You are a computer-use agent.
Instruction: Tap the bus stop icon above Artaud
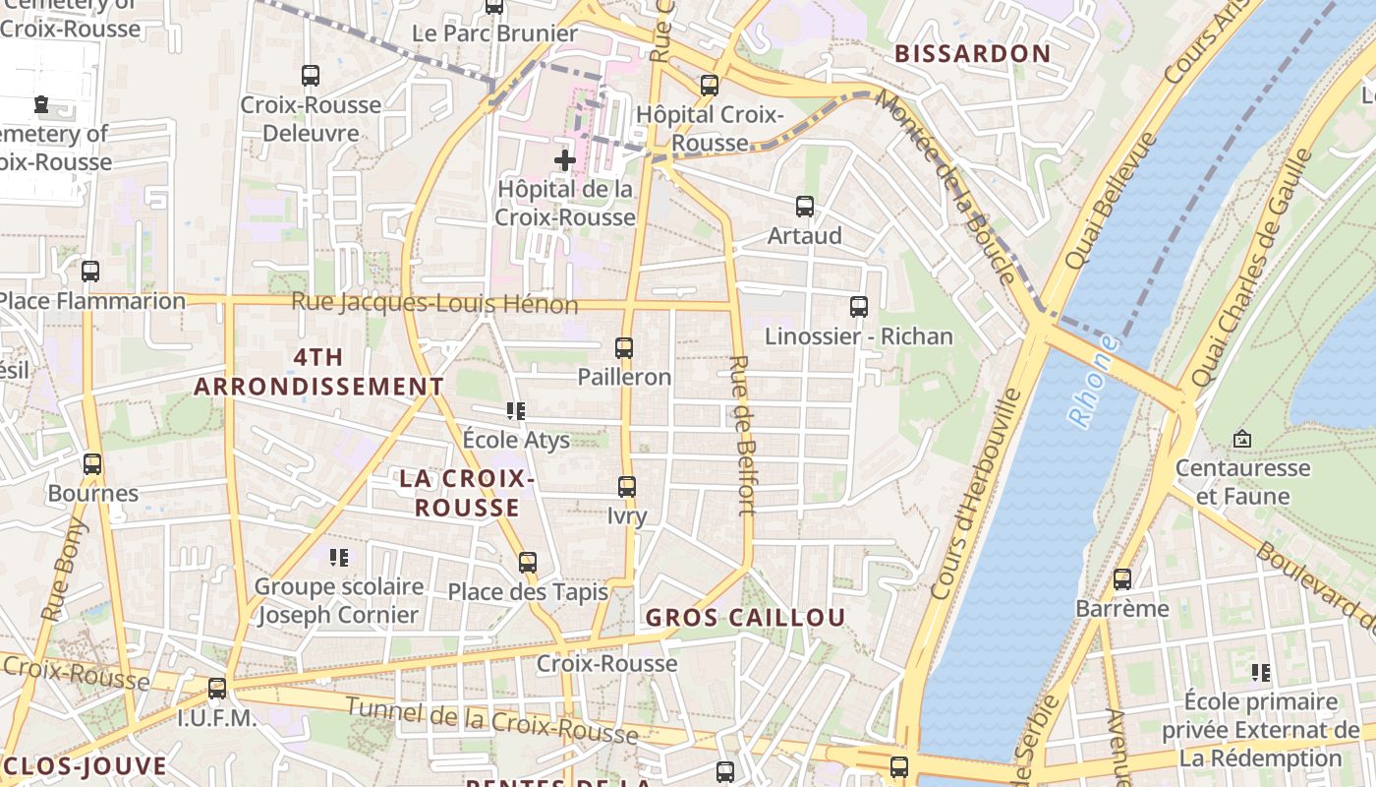click(805, 207)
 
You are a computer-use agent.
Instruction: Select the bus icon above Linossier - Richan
click(859, 307)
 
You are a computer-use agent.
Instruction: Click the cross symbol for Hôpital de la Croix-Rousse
click(565, 159)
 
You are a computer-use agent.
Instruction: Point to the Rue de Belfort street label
click(743, 435)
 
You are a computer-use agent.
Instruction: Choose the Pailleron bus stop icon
click(624, 348)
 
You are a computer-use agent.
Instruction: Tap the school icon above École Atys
click(516, 411)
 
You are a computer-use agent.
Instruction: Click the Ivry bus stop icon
click(627, 487)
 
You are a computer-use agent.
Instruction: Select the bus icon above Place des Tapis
click(528, 563)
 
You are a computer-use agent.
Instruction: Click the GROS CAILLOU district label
click(745, 618)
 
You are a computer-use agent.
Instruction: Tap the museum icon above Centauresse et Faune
click(1242, 439)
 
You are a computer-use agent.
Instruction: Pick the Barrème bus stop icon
click(1122, 579)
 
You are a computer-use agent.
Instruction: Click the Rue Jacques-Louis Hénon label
click(434, 303)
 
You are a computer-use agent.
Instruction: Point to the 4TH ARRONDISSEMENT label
click(318, 372)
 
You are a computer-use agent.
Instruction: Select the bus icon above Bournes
click(92, 463)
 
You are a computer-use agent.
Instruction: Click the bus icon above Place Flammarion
click(90, 272)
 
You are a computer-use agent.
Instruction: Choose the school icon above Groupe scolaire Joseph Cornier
click(339, 558)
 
